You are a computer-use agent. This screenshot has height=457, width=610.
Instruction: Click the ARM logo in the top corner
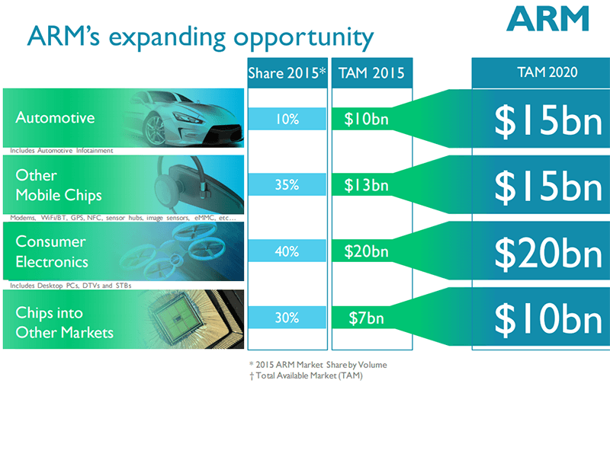(x=548, y=19)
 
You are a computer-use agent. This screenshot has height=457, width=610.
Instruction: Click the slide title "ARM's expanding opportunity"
(x=200, y=37)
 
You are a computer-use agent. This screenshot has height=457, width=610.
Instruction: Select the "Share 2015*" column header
(x=287, y=74)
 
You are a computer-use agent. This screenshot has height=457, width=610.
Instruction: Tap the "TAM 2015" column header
(x=371, y=74)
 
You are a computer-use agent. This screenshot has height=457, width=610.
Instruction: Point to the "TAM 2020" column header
(x=541, y=72)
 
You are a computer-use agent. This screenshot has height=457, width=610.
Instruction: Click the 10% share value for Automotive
(x=287, y=119)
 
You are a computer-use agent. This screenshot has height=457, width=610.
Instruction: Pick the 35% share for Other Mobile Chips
(x=287, y=185)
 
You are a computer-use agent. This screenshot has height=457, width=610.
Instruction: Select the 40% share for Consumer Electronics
(x=287, y=251)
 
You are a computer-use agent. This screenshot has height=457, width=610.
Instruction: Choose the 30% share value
(x=287, y=318)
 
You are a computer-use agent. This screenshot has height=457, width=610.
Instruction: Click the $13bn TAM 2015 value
(x=366, y=185)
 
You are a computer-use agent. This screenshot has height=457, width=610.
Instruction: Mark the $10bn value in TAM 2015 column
(x=366, y=119)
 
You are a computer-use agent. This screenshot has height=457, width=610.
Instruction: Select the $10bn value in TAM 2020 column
(x=548, y=319)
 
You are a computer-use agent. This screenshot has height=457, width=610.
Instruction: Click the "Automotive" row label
(x=55, y=117)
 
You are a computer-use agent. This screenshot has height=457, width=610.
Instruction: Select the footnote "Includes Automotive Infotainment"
(x=62, y=151)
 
